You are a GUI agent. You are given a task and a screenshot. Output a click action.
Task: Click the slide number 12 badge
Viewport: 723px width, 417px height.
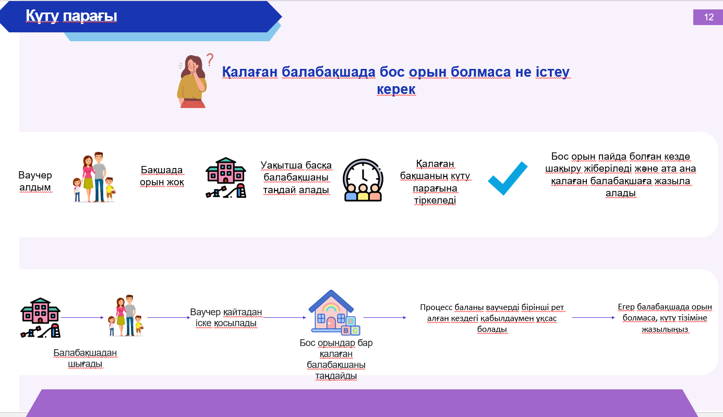[708, 17]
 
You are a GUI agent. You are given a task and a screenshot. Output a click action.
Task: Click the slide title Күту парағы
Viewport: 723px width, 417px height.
[71, 16]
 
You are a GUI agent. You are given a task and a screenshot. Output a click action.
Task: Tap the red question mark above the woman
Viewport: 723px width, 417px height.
[210, 59]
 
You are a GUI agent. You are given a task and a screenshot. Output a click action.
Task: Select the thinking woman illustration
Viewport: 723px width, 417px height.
[192, 81]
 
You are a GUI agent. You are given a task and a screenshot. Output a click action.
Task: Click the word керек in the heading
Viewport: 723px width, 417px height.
[396, 89]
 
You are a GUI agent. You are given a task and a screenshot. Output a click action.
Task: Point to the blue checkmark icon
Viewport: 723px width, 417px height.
[508, 178]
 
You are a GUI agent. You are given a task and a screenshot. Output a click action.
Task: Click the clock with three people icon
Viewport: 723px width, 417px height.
[363, 180]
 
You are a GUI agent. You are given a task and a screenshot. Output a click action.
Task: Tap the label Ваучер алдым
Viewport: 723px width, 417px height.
[35, 181]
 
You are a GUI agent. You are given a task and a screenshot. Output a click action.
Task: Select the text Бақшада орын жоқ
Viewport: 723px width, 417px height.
[162, 176]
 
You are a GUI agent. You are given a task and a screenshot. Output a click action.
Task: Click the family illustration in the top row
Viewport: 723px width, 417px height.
[94, 177]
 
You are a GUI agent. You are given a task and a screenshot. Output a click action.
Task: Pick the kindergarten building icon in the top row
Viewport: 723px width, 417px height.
[226, 177]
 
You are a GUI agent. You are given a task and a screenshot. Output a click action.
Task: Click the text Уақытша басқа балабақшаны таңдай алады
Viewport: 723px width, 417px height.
[296, 177]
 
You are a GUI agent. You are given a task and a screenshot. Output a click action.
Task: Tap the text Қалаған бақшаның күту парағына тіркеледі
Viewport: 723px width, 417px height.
[435, 182]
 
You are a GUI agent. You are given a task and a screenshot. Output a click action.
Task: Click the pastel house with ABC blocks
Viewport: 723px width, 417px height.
[334, 312]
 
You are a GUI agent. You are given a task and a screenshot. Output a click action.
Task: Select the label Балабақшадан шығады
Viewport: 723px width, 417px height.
[85, 358]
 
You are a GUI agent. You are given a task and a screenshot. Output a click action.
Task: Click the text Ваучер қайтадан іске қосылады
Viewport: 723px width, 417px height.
[226, 317]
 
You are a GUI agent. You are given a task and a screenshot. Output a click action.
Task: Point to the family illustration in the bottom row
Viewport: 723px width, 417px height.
[126, 316]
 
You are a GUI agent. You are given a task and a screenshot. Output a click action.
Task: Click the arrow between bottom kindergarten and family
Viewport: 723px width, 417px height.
[82, 317]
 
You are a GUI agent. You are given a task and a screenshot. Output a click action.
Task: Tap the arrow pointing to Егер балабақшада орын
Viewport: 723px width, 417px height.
[593, 317]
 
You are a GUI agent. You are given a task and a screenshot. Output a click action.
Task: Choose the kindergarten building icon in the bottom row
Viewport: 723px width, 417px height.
[40, 317]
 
